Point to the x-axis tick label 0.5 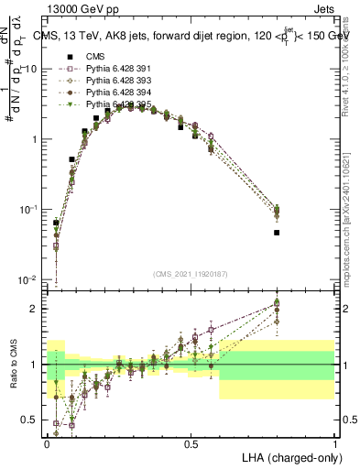click(191, 443)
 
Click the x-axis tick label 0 click(47, 443)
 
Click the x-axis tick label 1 click(335, 443)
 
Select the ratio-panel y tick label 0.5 click(31, 420)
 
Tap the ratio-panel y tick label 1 click(35, 365)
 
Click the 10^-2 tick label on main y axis click(27, 279)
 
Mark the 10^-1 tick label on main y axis click(27, 210)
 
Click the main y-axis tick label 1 click(35, 139)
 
